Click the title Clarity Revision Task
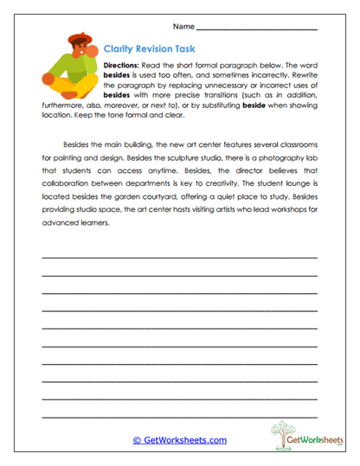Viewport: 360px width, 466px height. click(141, 50)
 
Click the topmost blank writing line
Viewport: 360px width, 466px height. click(179, 258)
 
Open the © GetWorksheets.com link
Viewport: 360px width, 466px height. click(179, 440)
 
